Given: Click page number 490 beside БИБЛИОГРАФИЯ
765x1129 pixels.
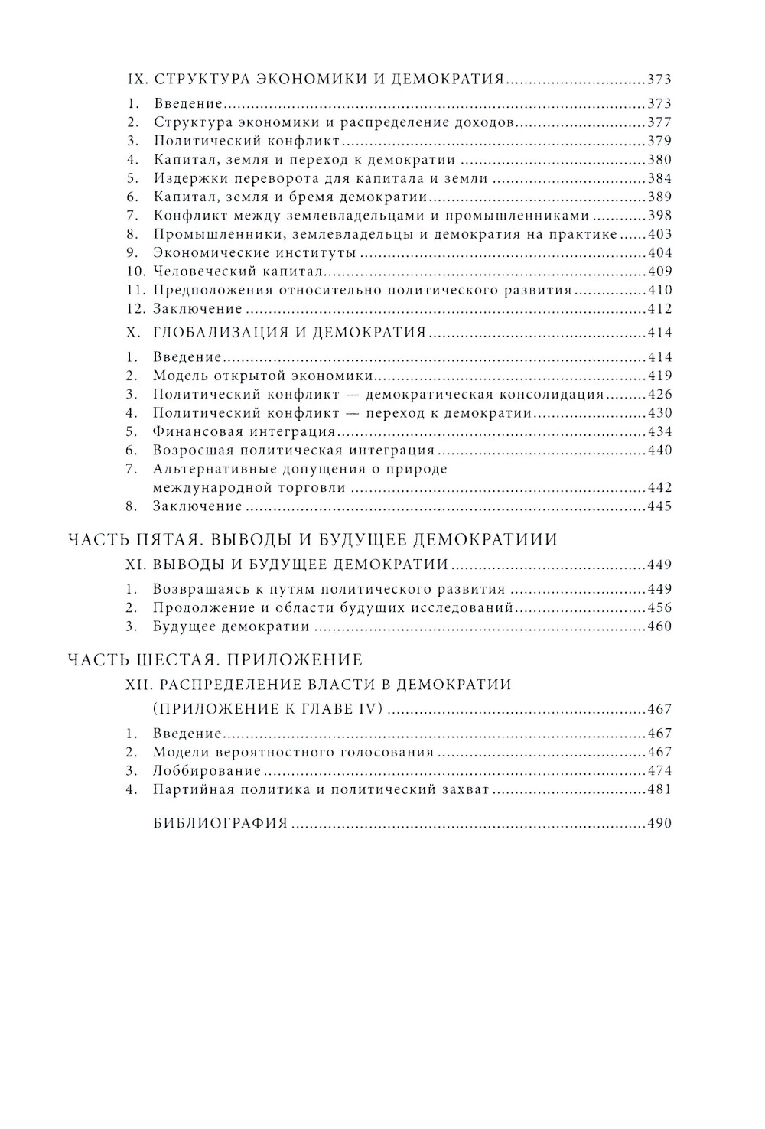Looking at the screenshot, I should pyautogui.click(x=659, y=824).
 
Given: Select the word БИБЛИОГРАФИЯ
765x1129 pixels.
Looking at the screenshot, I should pyautogui.click(x=220, y=824).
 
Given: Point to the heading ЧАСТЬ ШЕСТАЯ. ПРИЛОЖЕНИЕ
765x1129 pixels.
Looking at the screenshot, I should pyautogui.click(x=215, y=659).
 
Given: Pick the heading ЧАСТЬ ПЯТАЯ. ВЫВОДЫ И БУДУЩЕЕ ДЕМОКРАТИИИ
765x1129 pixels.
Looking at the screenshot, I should pyautogui.click(x=313, y=540).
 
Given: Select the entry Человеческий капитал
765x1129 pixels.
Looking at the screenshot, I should pyautogui.click(x=238, y=272).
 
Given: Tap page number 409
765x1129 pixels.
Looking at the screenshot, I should pyautogui.click(x=659, y=272).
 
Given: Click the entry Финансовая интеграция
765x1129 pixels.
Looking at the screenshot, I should pyautogui.click(x=239, y=432).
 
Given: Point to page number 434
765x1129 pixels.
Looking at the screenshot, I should pyautogui.click(x=659, y=432).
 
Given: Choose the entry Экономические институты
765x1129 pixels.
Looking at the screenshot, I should pyautogui.click(x=255, y=253).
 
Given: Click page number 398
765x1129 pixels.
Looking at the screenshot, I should pyautogui.click(x=659, y=216).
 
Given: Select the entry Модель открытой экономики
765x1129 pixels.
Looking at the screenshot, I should pyautogui.click(x=263, y=376).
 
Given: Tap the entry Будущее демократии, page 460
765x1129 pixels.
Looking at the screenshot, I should pyautogui.click(x=231, y=626).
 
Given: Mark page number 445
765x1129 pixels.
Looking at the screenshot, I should pyautogui.click(x=659, y=506).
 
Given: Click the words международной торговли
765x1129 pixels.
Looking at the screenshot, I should pyautogui.click(x=249, y=488).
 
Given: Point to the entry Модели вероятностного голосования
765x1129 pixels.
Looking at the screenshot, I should pyautogui.click(x=293, y=753).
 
